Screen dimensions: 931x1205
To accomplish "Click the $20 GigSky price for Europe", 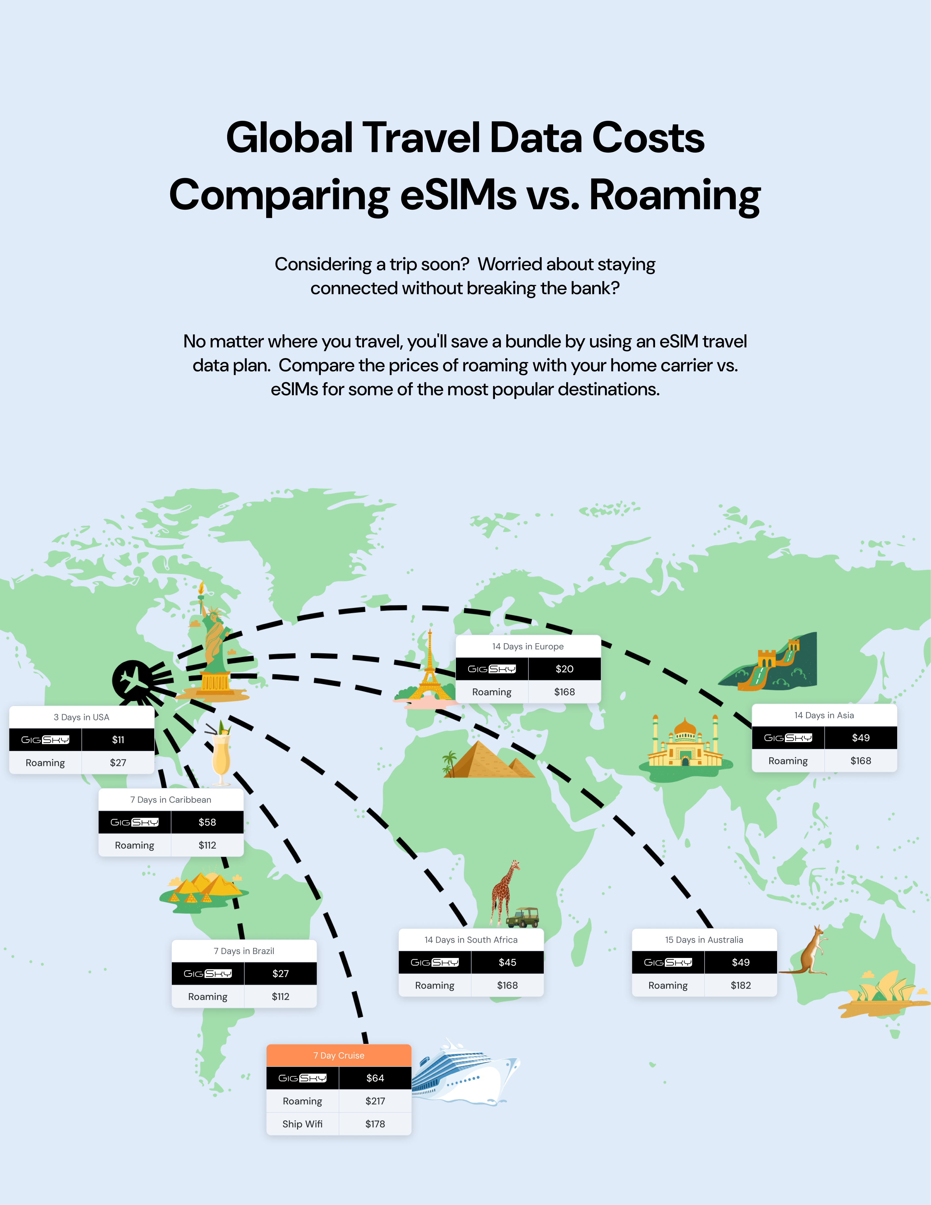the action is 564,669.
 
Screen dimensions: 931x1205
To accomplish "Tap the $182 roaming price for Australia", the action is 740,985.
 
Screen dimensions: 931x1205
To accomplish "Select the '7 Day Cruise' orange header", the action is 339,1056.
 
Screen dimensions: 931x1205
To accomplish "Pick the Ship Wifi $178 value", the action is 375,1124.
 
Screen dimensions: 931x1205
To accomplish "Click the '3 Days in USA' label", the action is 82,717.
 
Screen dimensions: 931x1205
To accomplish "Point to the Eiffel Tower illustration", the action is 429,668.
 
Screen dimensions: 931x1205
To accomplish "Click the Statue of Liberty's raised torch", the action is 202,589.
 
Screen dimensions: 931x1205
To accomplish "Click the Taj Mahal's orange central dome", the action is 685,727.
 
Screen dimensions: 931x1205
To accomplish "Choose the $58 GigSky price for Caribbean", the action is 207,822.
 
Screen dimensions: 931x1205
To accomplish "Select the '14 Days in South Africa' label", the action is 471,940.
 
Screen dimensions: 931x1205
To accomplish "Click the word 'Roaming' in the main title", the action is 675,195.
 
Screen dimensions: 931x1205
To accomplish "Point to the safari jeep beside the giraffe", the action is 523,918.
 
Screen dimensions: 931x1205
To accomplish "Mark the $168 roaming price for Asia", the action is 860,761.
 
